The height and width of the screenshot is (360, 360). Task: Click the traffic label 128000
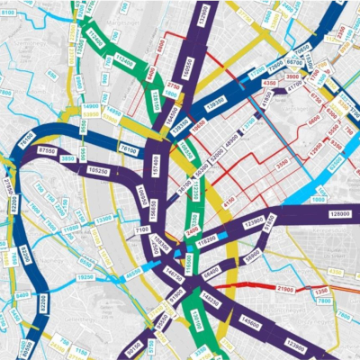(x=339, y=213)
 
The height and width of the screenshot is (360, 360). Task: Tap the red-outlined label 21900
(x=285, y=288)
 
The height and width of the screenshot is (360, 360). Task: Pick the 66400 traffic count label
(x=211, y=270)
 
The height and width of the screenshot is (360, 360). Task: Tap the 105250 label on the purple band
(x=104, y=169)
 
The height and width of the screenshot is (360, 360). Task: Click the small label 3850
(x=67, y=158)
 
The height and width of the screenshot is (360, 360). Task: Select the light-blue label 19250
(x=85, y=278)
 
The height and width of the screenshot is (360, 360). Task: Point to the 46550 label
(x=133, y=271)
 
